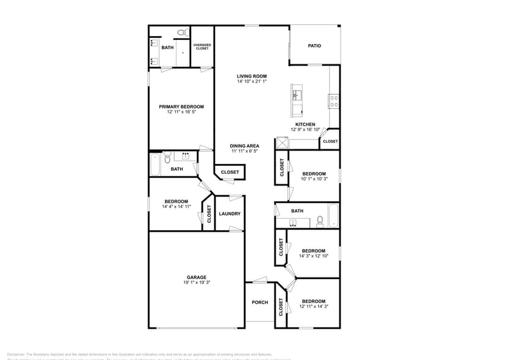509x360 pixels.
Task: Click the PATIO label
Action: click(314, 46)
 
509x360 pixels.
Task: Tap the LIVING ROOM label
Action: click(252, 76)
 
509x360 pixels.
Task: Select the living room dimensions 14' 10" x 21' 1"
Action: click(252, 81)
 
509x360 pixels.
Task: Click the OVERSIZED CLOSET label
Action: click(202, 46)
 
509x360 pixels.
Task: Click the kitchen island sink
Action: click(296, 95)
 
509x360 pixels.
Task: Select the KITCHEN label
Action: click(305, 124)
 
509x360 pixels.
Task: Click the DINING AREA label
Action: click(243, 146)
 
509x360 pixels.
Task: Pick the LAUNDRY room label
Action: click(230, 214)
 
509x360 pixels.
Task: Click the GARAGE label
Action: click(196, 277)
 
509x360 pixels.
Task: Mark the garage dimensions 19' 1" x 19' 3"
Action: click(196, 283)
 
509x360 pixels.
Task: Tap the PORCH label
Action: click(260, 302)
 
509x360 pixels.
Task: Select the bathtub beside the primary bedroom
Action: click(155, 164)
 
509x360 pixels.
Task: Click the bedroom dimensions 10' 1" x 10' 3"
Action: click(314, 179)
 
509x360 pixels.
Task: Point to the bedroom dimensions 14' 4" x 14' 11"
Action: click(177, 207)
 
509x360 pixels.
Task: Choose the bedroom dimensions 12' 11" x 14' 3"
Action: click(313, 306)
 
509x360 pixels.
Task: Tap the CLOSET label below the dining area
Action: click(230, 172)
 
